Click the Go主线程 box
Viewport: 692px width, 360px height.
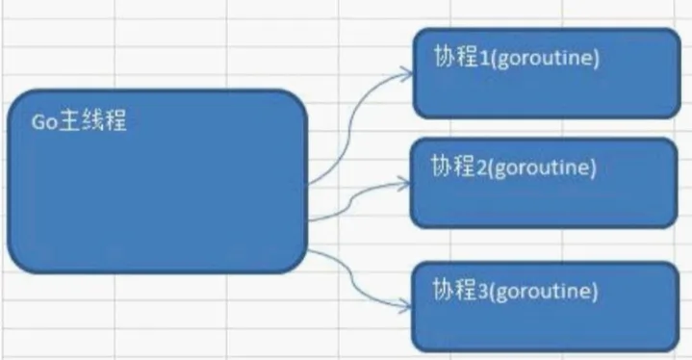pyautogui.click(x=158, y=181)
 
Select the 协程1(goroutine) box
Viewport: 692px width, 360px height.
pyautogui.click(x=547, y=73)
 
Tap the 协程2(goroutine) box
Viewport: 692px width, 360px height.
pyautogui.click(x=544, y=183)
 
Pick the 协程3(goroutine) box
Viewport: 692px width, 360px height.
pyautogui.click(x=546, y=307)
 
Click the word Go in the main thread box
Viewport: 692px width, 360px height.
pyautogui.click(x=44, y=122)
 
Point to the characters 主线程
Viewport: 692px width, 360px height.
pyautogui.click(x=92, y=120)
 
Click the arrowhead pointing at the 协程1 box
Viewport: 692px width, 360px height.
pyautogui.click(x=406, y=74)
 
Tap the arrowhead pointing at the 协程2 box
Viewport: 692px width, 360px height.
pyautogui.click(x=404, y=183)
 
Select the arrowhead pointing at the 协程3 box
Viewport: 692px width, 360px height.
pyautogui.click(x=404, y=306)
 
